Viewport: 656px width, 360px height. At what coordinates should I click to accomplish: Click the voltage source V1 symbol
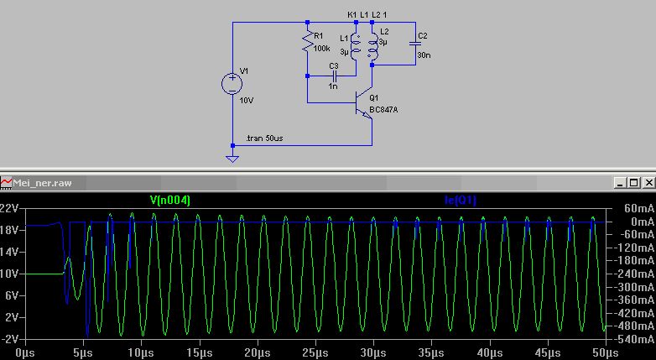coord(232,84)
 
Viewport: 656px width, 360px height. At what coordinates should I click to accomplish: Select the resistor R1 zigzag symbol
coord(308,42)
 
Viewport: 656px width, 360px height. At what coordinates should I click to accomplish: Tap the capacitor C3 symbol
coord(334,76)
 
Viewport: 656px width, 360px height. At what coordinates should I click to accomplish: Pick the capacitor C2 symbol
coord(415,43)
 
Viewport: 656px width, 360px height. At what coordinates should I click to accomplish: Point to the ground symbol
coord(232,159)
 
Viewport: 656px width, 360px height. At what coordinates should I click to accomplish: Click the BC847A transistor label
coord(383,110)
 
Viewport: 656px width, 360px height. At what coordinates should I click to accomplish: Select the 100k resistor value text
coord(322,49)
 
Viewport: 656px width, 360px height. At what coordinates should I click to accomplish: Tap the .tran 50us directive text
coord(264,138)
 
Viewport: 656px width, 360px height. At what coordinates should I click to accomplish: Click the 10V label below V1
coord(247,101)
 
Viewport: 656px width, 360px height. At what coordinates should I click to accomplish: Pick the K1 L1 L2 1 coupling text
coord(367,14)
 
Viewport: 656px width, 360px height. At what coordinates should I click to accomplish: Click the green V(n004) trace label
coord(169,200)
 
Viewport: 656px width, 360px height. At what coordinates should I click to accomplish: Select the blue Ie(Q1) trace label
coord(461,200)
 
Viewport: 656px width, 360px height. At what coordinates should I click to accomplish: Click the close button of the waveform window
coord(648,182)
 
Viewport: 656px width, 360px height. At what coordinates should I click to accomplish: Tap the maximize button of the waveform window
coord(634,182)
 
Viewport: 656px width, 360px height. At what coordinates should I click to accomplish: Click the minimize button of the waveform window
coord(621,182)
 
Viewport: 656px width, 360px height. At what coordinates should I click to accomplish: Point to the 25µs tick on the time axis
coord(315,353)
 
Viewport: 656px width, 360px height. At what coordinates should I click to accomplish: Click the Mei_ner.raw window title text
coord(42,183)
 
